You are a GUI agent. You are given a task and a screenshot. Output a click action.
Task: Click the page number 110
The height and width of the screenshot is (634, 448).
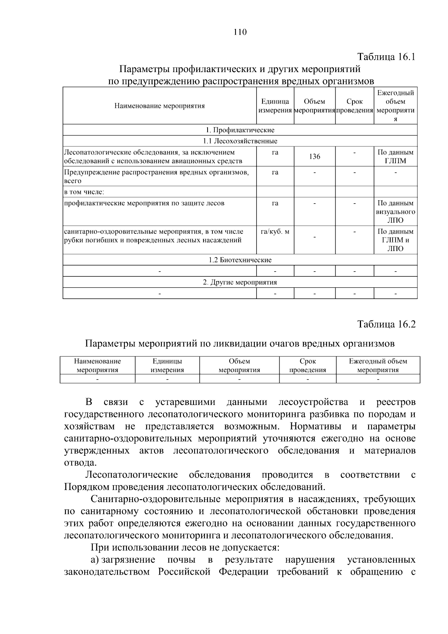[x=240, y=32]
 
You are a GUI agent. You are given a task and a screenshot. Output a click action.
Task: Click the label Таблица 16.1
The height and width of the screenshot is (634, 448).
[x=386, y=57]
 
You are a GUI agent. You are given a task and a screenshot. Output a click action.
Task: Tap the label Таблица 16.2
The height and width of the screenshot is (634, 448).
[x=386, y=324]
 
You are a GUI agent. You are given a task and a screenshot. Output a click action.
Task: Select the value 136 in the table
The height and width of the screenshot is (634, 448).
[x=315, y=157]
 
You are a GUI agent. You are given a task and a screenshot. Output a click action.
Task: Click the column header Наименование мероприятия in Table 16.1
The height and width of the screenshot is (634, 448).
[x=159, y=106]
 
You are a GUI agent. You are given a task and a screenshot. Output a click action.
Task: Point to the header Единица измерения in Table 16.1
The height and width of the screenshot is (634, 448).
[x=275, y=106]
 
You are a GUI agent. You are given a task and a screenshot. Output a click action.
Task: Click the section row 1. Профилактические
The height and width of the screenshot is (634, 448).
[x=240, y=130]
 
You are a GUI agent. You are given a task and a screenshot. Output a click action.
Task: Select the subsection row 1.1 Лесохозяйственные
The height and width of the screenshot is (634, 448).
[x=240, y=141]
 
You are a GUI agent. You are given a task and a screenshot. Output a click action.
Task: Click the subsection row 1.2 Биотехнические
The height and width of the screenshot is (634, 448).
[x=240, y=260]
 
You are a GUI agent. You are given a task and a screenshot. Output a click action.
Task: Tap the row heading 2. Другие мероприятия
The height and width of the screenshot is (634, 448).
[x=240, y=282]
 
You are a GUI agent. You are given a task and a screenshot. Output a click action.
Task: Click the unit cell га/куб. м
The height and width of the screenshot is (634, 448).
[x=275, y=232]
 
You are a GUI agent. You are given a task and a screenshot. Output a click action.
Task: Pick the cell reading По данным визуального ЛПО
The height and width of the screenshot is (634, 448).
[x=396, y=211]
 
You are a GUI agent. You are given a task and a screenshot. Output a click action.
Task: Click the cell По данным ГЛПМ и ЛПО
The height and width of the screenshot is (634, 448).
[x=396, y=240]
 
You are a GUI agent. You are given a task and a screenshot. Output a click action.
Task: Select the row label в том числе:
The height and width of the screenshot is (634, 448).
[x=84, y=192]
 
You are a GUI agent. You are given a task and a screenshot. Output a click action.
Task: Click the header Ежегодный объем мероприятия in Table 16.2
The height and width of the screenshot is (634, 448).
[x=378, y=365]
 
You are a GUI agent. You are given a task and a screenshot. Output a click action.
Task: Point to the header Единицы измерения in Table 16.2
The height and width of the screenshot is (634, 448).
[x=167, y=365]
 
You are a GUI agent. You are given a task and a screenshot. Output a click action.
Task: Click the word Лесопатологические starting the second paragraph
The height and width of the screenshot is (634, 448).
[x=131, y=475]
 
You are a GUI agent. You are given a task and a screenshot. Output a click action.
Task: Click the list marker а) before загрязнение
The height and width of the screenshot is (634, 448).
[x=95, y=560]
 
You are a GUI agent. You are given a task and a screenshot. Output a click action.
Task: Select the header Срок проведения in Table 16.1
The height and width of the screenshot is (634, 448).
[x=354, y=106]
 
